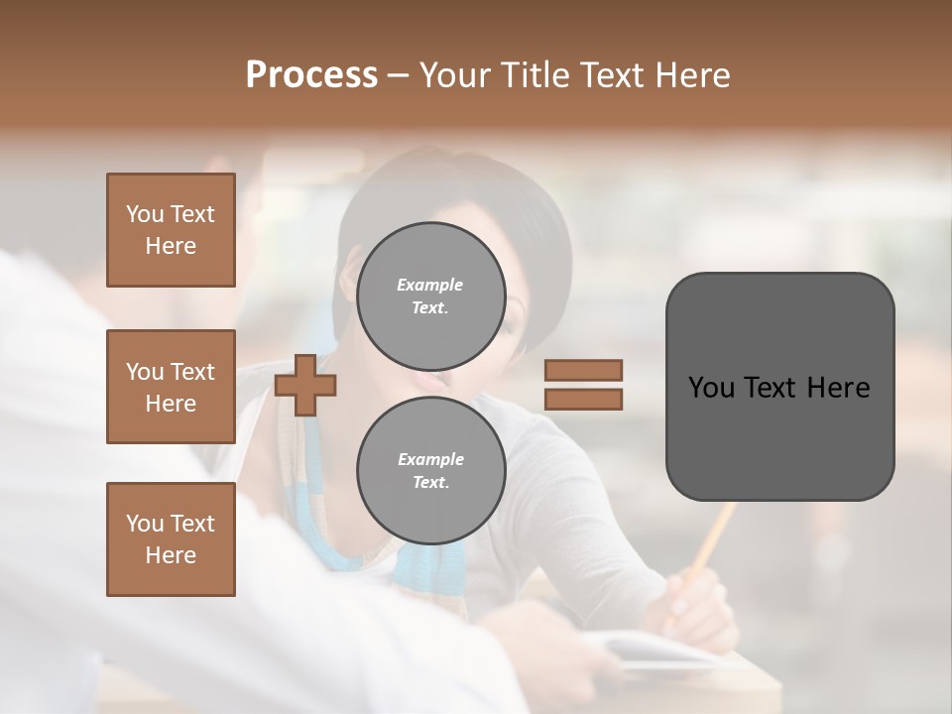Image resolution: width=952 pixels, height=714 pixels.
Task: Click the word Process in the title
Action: [311, 74]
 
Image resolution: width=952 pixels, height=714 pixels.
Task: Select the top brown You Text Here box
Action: [171, 230]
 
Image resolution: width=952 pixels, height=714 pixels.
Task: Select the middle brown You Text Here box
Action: [171, 387]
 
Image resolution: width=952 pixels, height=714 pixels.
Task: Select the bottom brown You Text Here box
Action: [171, 539]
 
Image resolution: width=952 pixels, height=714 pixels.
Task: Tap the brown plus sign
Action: [304, 385]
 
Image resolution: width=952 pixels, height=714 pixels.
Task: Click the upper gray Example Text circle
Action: [430, 296]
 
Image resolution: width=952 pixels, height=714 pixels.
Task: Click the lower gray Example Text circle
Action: [430, 470]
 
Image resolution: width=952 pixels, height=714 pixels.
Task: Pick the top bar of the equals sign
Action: [583, 371]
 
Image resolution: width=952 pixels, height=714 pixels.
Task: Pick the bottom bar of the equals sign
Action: [583, 400]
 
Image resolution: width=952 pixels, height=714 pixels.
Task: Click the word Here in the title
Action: [690, 74]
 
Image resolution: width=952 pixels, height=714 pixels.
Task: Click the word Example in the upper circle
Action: [430, 285]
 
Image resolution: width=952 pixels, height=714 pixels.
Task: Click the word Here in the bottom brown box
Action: [171, 555]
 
